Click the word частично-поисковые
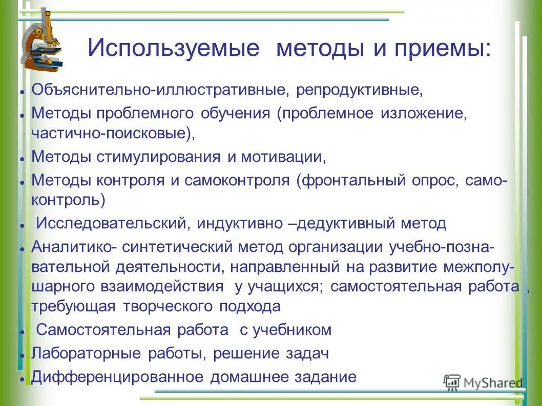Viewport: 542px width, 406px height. [110, 134]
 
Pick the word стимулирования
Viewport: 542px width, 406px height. [159, 156]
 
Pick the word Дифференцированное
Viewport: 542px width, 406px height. [118, 377]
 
